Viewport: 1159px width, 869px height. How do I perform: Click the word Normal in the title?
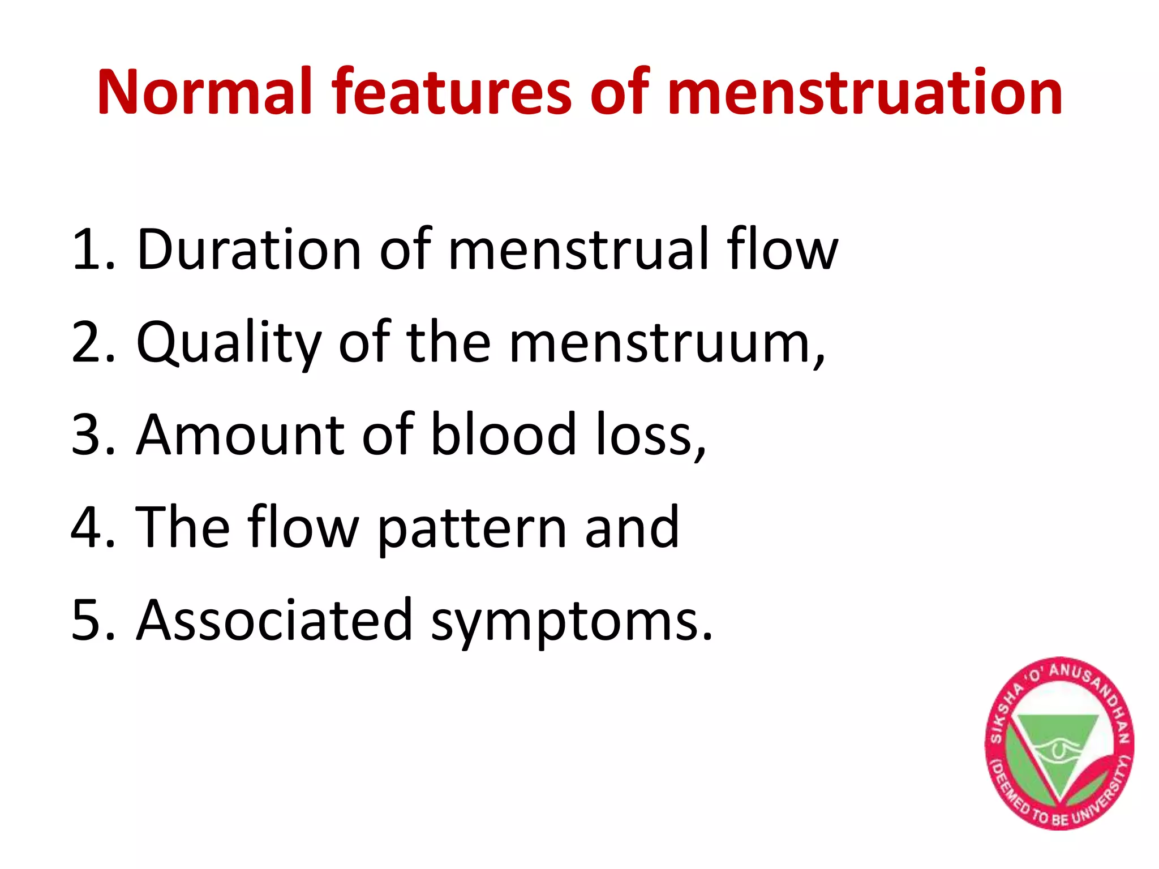[x=205, y=92]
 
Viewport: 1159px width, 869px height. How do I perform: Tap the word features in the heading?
[x=451, y=92]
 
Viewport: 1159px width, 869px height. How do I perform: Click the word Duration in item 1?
[x=249, y=249]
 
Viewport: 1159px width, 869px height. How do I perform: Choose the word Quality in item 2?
[x=229, y=343]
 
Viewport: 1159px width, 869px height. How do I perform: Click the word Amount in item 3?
[x=240, y=434]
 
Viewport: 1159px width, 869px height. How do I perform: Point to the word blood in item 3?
[x=503, y=434]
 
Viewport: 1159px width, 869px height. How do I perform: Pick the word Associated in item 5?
[x=275, y=620]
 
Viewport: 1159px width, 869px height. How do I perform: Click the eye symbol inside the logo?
[x=1057, y=751]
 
